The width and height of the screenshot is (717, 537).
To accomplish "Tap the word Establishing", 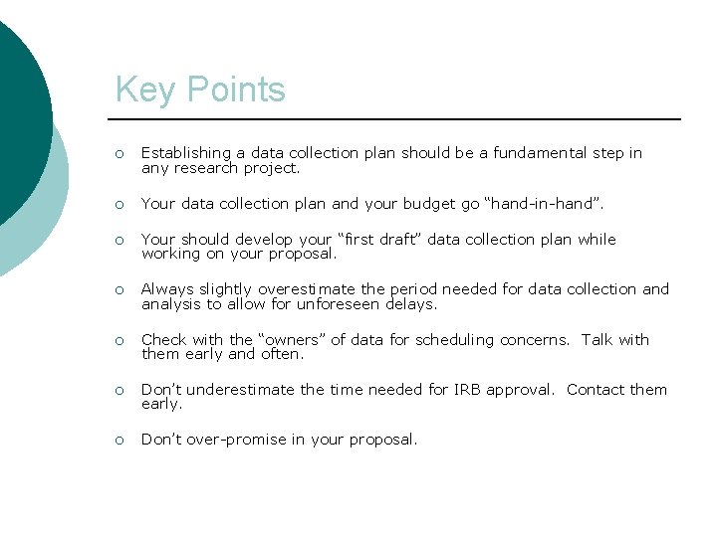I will click(x=186, y=153).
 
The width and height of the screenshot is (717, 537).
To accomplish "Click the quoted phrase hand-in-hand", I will click(x=542, y=204).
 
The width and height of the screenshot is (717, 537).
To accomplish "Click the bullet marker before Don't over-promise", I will click(x=119, y=441).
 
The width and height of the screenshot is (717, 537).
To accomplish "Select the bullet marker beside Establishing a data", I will click(x=119, y=154).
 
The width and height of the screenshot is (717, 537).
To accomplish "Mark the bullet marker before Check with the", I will click(x=119, y=341).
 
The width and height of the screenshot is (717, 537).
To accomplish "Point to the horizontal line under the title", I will click(x=398, y=119).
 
